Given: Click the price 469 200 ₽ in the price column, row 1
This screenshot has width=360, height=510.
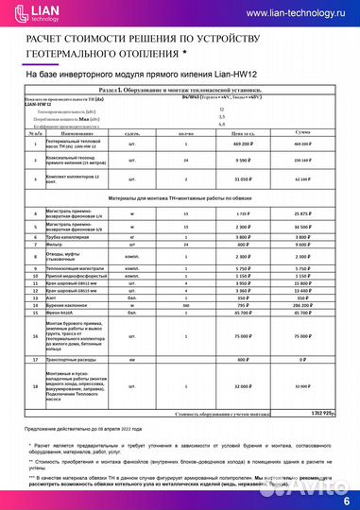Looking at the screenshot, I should tap(241, 144).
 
